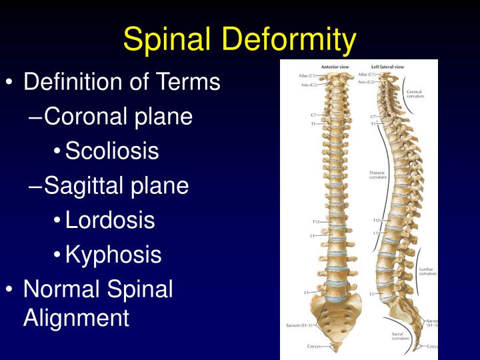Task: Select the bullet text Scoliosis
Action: click(112, 151)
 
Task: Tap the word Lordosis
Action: click(110, 220)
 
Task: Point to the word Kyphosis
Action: click(113, 255)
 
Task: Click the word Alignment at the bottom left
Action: click(76, 317)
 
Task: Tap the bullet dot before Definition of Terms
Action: click(9, 83)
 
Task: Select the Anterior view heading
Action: click(335, 67)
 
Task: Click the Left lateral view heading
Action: click(388, 67)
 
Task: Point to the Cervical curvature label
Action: click(415, 93)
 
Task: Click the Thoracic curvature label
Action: click(378, 175)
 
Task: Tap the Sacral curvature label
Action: click(401, 336)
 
